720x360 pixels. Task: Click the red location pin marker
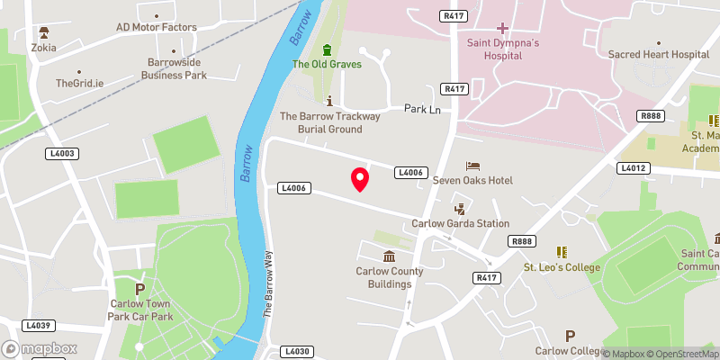(x=360, y=178)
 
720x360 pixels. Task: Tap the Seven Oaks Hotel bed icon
(x=472, y=166)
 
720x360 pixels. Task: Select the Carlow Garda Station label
(x=460, y=223)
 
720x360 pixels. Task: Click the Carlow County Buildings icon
(x=389, y=257)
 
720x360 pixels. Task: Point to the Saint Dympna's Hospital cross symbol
(x=502, y=29)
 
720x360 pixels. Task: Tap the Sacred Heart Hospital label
(x=660, y=55)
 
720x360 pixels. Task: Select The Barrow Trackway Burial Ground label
(x=330, y=122)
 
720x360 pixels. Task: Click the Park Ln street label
(x=421, y=109)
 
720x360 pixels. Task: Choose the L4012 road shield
(x=633, y=168)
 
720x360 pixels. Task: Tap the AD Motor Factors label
(x=157, y=27)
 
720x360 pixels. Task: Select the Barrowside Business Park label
(x=177, y=68)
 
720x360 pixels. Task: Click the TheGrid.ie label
(x=79, y=83)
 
